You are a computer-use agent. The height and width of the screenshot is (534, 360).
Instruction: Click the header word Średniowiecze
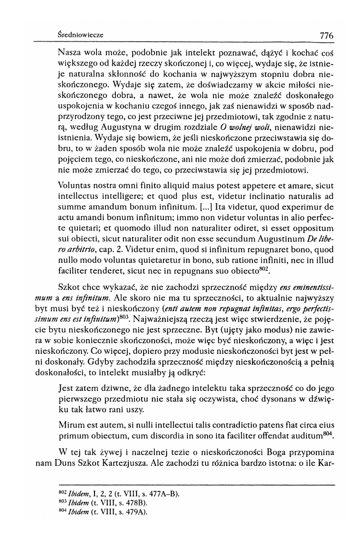click(x=80, y=35)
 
